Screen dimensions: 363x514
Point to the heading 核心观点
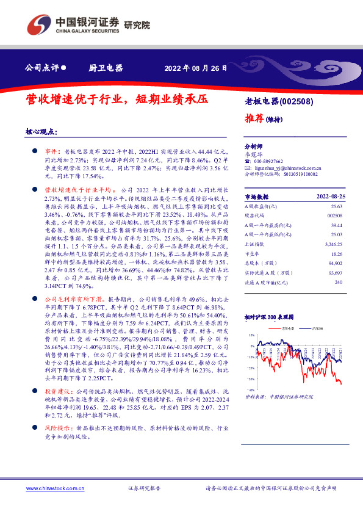point(41,132)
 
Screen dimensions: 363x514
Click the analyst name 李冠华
point(253,155)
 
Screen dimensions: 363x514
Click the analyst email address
point(282,167)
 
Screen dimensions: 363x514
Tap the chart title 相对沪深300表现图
point(268,317)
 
